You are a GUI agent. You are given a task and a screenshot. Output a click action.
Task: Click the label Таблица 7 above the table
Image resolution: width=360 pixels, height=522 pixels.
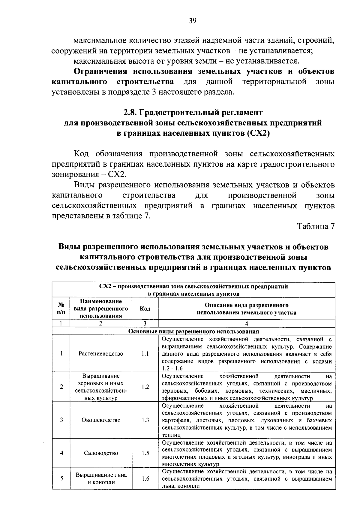[316, 226]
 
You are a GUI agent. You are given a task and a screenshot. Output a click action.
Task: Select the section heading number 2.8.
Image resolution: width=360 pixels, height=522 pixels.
[130, 113]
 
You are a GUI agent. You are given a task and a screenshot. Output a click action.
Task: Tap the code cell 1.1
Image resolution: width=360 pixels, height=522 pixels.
[145, 354]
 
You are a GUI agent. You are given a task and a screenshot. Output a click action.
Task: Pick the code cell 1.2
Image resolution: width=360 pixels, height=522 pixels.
[145, 387]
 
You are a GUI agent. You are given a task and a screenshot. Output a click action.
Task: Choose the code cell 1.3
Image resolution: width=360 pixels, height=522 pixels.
[145, 420]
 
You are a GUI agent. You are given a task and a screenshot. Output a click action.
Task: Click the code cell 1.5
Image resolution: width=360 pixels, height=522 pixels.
[145, 453]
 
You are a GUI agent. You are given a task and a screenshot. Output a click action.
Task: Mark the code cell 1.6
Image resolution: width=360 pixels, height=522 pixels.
[145, 479]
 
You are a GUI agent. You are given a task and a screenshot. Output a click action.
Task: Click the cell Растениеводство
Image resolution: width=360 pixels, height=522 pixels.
[101, 354]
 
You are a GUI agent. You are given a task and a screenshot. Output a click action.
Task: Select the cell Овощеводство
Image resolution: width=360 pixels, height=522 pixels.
[101, 420]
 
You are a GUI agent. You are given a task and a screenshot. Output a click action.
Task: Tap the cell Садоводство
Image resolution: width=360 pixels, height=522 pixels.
[101, 453]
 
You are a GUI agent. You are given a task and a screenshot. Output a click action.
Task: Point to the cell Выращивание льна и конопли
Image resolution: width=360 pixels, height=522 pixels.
[101, 479]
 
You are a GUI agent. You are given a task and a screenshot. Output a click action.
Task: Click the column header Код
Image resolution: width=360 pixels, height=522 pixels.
[145, 309]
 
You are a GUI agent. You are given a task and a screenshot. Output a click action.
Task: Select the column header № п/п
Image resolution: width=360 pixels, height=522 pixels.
[61, 309]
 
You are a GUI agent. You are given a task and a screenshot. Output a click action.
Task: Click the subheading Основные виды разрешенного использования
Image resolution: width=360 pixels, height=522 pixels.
[193, 331]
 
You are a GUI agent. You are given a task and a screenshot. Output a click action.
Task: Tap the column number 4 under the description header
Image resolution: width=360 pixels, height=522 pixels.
[247, 324]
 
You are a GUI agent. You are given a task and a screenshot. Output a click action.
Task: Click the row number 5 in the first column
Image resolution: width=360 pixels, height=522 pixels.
[61, 478]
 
